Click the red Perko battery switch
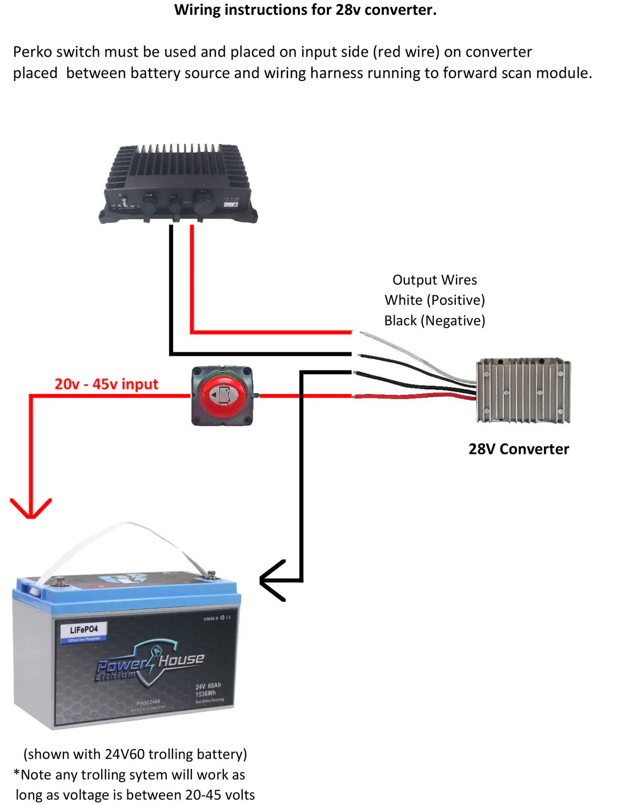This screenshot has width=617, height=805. pyautogui.click(x=222, y=396)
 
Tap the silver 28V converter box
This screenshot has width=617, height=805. pyautogui.click(x=523, y=391)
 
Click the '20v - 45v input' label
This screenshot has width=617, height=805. pyautogui.click(x=106, y=384)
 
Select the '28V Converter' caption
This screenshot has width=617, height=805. pyautogui.click(x=519, y=449)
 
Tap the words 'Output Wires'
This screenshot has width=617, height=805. pyautogui.click(x=434, y=280)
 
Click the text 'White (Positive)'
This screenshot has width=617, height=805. pyautogui.click(x=434, y=300)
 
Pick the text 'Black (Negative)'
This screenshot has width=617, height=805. pyautogui.click(x=434, y=321)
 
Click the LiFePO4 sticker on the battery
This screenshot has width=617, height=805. pyautogui.click(x=84, y=631)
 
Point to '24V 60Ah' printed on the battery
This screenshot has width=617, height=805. pyautogui.click(x=208, y=686)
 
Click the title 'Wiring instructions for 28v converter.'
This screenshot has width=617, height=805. pyautogui.click(x=305, y=10)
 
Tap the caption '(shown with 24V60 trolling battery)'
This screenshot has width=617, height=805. pyautogui.click(x=135, y=754)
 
